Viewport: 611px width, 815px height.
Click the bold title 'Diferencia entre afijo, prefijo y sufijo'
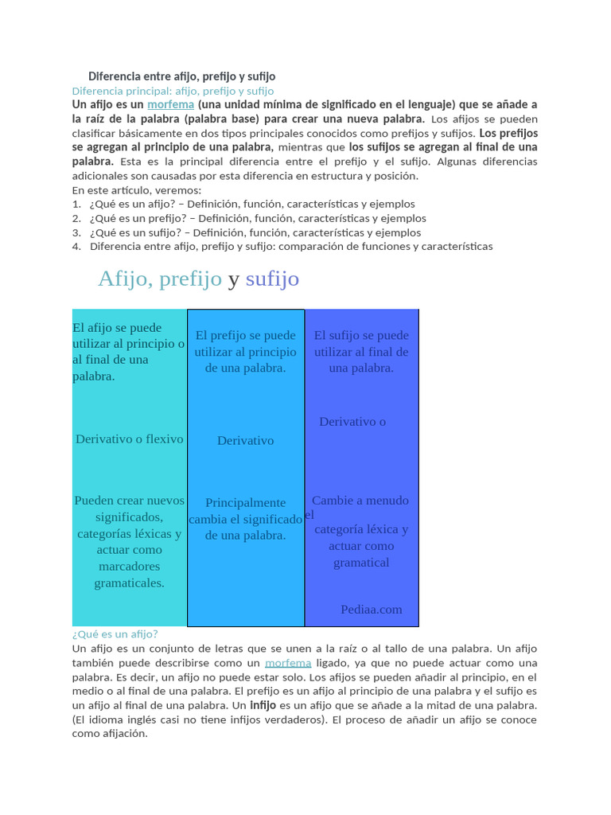click(181, 76)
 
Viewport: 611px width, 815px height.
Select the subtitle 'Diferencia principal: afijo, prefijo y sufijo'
click(173, 91)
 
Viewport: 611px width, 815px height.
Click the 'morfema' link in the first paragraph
click(170, 104)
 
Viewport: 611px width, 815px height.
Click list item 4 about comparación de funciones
click(290, 246)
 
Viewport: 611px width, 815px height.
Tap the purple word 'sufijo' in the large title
click(272, 279)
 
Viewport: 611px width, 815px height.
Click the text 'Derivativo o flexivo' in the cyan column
click(129, 439)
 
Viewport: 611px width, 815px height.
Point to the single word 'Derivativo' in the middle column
click(245, 440)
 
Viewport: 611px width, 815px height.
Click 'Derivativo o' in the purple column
click(352, 421)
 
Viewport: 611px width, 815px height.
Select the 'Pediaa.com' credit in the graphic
click(371, 609)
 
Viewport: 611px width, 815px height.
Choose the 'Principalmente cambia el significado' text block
click(245, 518)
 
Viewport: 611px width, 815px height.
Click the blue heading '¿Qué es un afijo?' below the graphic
click(115, 634)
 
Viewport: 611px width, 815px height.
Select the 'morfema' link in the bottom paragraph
click(288, 662)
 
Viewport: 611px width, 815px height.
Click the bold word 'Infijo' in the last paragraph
click(263, 705)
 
